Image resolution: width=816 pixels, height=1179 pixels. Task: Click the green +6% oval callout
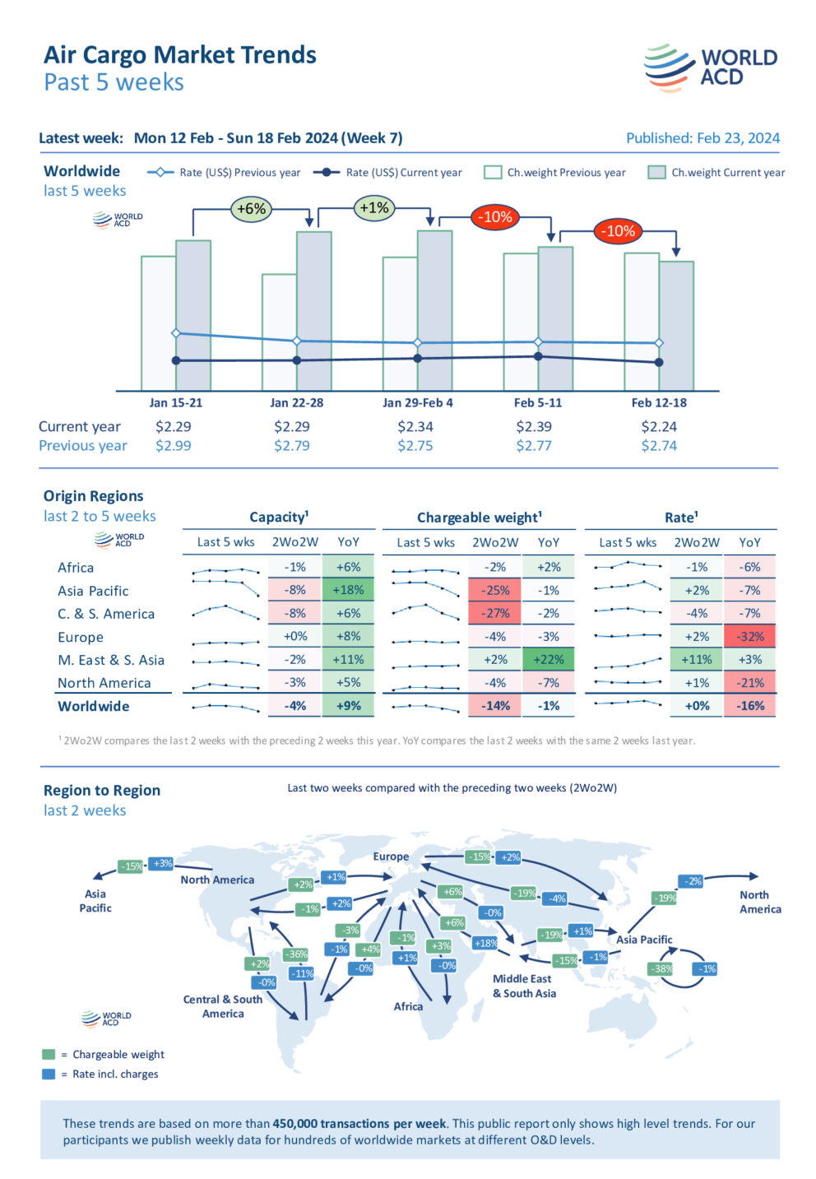click(x=251, y=209)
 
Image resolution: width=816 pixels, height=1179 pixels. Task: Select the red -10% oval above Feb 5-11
click(x=495, y=217)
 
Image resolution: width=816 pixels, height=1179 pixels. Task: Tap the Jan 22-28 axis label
click(x=296, y=403)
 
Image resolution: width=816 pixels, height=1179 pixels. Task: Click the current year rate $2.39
click(x=533, y=427)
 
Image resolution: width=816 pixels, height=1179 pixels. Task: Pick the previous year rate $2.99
click(x=173, y=446)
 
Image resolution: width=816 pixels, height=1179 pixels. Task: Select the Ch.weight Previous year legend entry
click(x=555, y=173)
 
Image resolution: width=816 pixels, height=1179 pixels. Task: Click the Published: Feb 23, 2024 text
click(x=702, y=138)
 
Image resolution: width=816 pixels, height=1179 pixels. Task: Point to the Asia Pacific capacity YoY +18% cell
click(x=348, y=591)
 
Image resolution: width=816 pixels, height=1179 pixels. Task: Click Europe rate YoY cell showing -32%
click(x=749, y=637)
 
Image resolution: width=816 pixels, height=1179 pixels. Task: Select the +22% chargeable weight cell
click(x=549, y=660)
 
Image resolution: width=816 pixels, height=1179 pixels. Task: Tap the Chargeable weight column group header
click(x=479, y=518)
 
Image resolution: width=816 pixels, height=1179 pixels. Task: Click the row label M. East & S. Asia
click(x=111, y=660)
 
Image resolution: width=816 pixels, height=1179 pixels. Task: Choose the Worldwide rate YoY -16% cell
click(x=749, y=706)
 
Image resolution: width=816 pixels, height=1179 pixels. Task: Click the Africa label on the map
click(x=408, y=1006)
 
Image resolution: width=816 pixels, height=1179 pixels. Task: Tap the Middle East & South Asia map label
click(x=524, y=986)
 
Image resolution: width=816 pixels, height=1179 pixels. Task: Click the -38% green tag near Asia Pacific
click(x=661, y=969)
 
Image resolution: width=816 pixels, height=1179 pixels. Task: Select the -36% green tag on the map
click(x=295, y=954)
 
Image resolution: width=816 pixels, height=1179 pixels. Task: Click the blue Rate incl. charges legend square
click(x=49, y=1074)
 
